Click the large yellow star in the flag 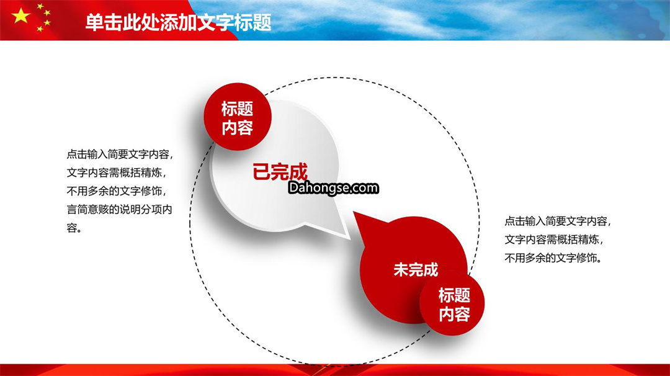click(x=20, y=16)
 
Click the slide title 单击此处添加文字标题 click(x=178, y=22)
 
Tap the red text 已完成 click(x=280, y=172)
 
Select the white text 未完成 click(x=416, y=270)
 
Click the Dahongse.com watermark click(x=333, y=187)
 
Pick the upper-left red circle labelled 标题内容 click(x=237, y=117)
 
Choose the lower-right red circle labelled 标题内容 click(x=452, y=303)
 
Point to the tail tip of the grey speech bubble click(x=349, y=238)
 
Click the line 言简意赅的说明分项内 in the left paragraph click(x=120, y=209)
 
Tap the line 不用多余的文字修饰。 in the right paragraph click(x=553, y=258)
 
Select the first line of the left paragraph click(x=120, y=154)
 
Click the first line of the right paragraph click(x=558, y=221)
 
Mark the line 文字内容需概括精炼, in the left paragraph click(x=116, y=172)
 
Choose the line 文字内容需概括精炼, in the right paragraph click(x=554, y=239)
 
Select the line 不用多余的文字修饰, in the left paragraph click(x=116, y=191)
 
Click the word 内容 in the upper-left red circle click(x=237, y=127)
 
